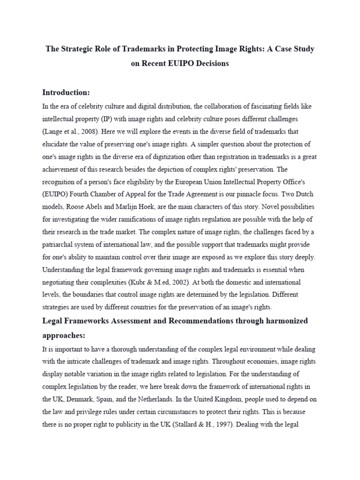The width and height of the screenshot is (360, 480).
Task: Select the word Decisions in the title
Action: (x=210, y=63)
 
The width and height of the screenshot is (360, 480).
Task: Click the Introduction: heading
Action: (x=66, y=92)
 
